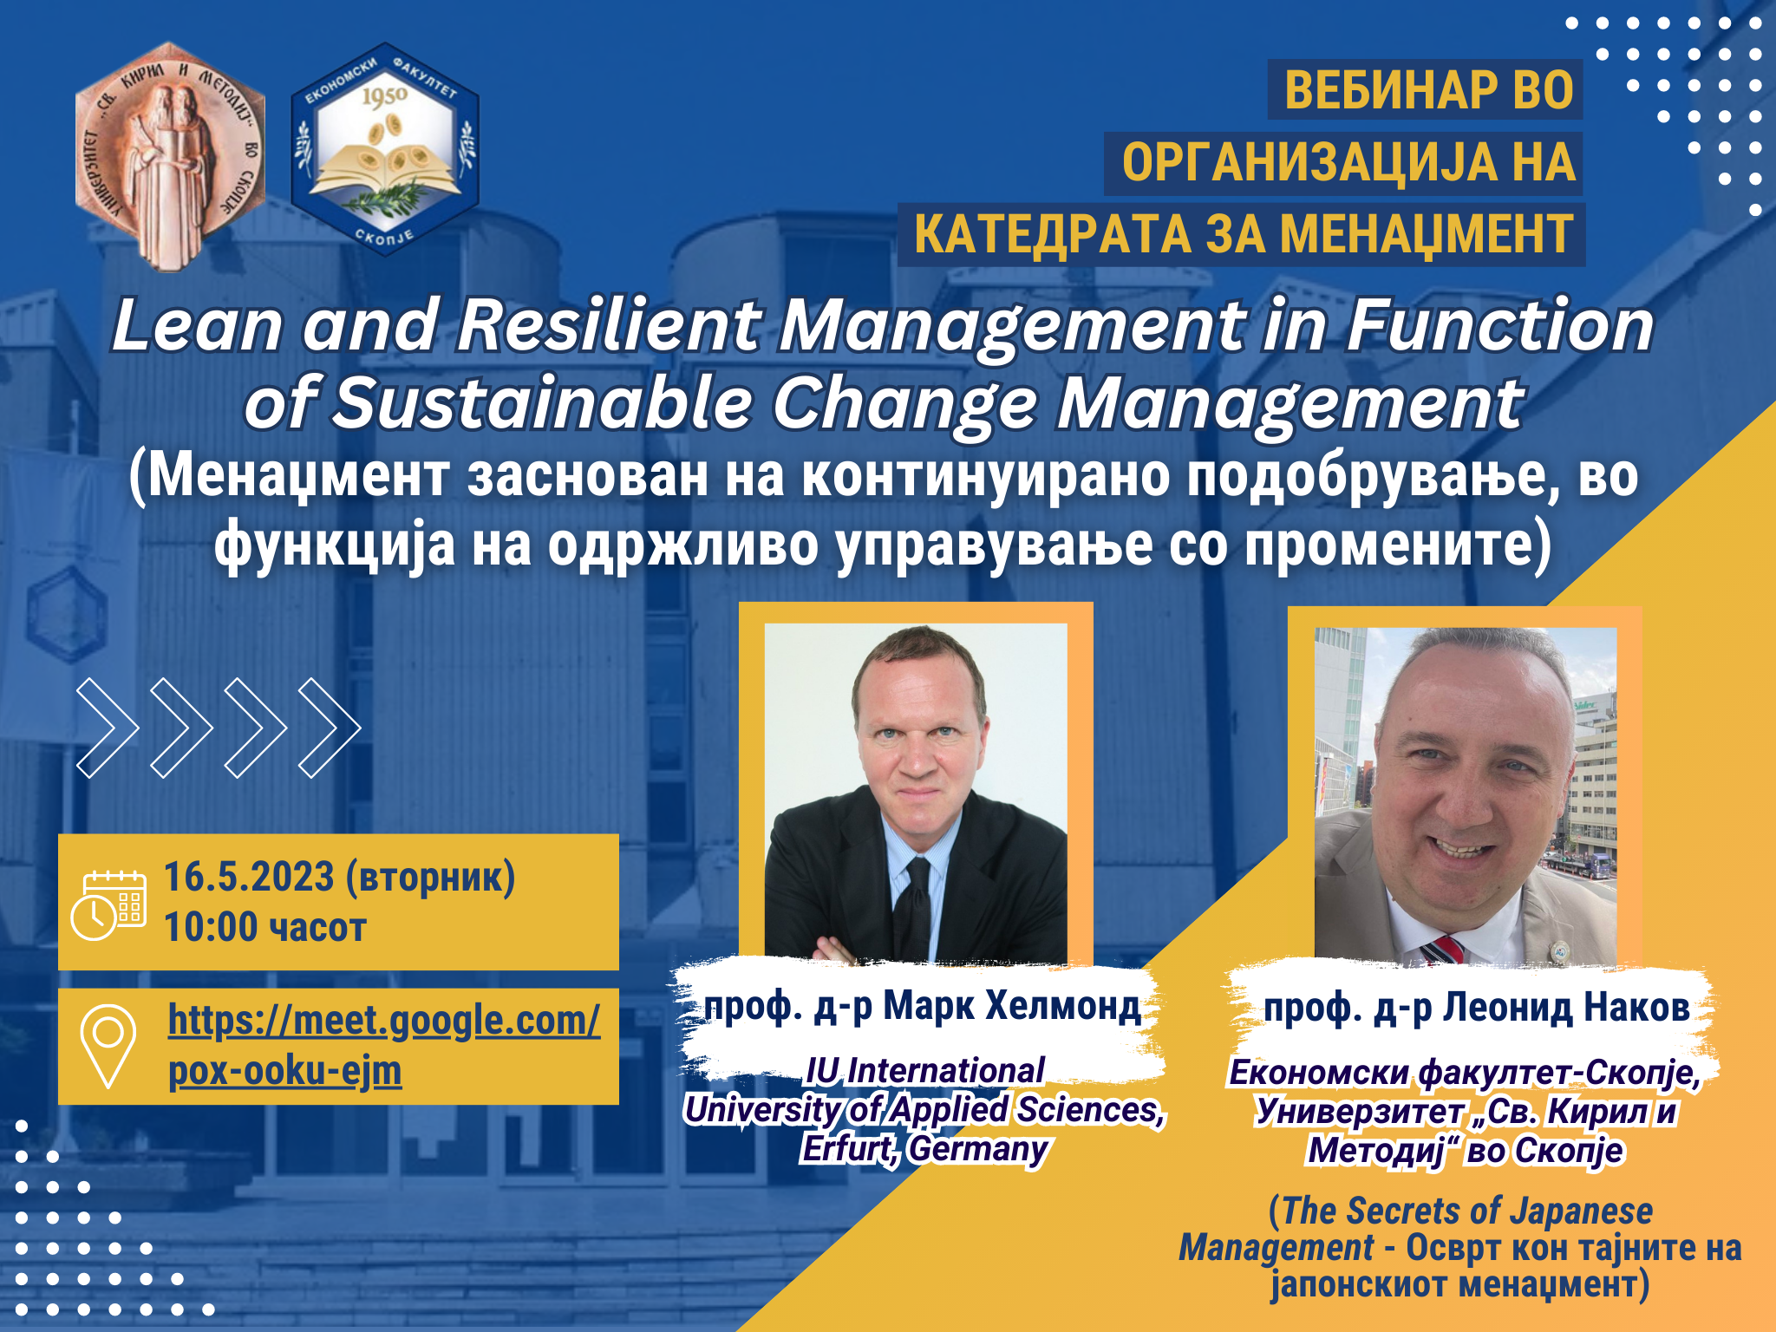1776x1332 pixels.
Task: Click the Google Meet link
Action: pos(383,1045)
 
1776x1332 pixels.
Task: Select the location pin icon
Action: pos(108,1045)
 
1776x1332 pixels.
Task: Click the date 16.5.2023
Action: pos(249,877)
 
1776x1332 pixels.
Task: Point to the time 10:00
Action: pos(211,927)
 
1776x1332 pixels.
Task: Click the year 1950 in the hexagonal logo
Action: pos(384,96)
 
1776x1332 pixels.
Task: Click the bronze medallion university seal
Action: pos(170,156)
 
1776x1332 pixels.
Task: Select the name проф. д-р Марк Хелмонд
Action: pos(923,1006)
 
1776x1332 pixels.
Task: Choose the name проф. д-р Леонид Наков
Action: pos(1477,1008)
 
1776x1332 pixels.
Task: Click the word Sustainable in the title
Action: pos(543,403)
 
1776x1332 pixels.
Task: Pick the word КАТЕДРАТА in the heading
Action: pos(1053,234)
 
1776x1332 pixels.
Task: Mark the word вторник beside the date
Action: pos(431,877)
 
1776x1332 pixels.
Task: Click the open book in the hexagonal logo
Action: pos(384,170)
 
